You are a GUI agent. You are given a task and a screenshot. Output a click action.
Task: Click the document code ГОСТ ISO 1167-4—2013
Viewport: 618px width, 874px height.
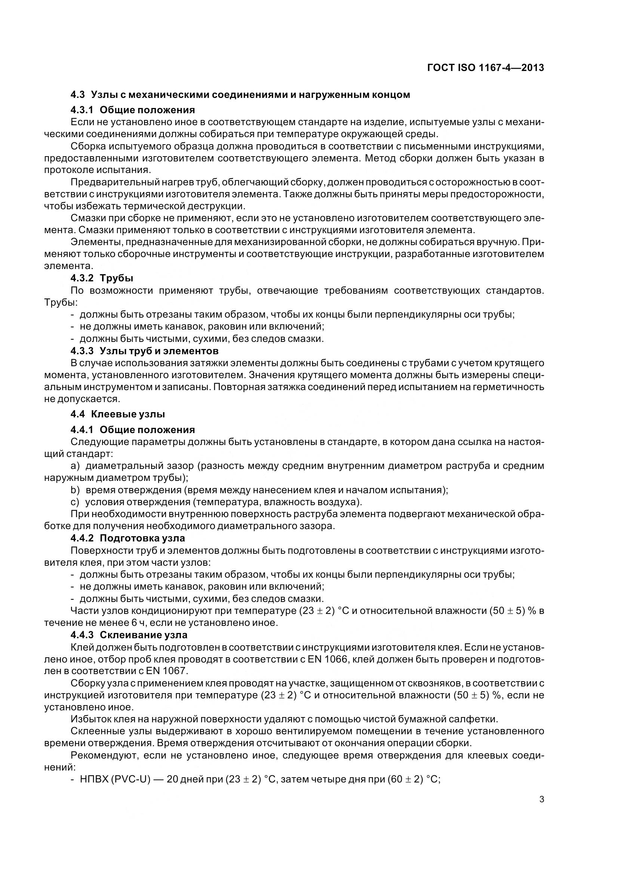tap(486, 68)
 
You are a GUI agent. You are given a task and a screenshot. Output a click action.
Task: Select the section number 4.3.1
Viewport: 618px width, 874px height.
tap(82, 110)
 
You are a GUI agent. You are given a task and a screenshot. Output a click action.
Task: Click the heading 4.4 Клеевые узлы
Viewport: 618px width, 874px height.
tap(117, 414)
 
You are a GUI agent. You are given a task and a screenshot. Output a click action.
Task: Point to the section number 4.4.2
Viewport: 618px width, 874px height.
tap(82, 538)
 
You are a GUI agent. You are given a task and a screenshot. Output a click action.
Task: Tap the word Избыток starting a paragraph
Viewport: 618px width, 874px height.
tap(90, 719)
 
